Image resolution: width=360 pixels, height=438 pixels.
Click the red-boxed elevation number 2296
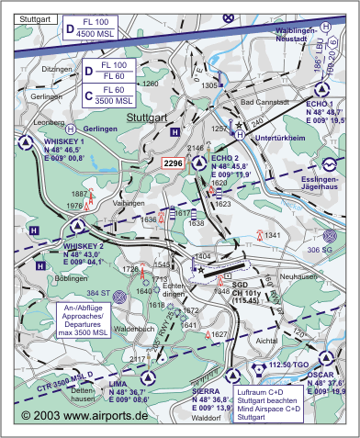173,163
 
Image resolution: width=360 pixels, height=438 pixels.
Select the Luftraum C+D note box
266,404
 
